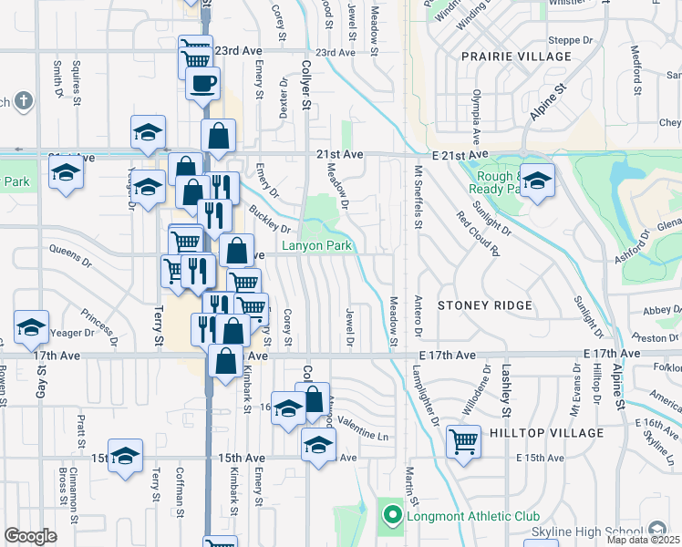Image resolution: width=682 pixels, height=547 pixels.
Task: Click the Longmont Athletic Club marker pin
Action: (393, 516)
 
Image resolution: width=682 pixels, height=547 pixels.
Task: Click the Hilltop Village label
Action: (545, 432)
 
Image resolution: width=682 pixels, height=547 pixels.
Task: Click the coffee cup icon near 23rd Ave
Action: (202, 84)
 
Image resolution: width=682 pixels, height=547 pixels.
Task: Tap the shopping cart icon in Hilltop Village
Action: (464, 442)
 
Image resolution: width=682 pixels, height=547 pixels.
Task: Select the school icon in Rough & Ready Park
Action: (538, 180)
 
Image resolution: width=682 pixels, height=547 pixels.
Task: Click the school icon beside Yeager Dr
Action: (31, 326)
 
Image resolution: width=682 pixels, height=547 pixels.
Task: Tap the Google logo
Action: (30, 536)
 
